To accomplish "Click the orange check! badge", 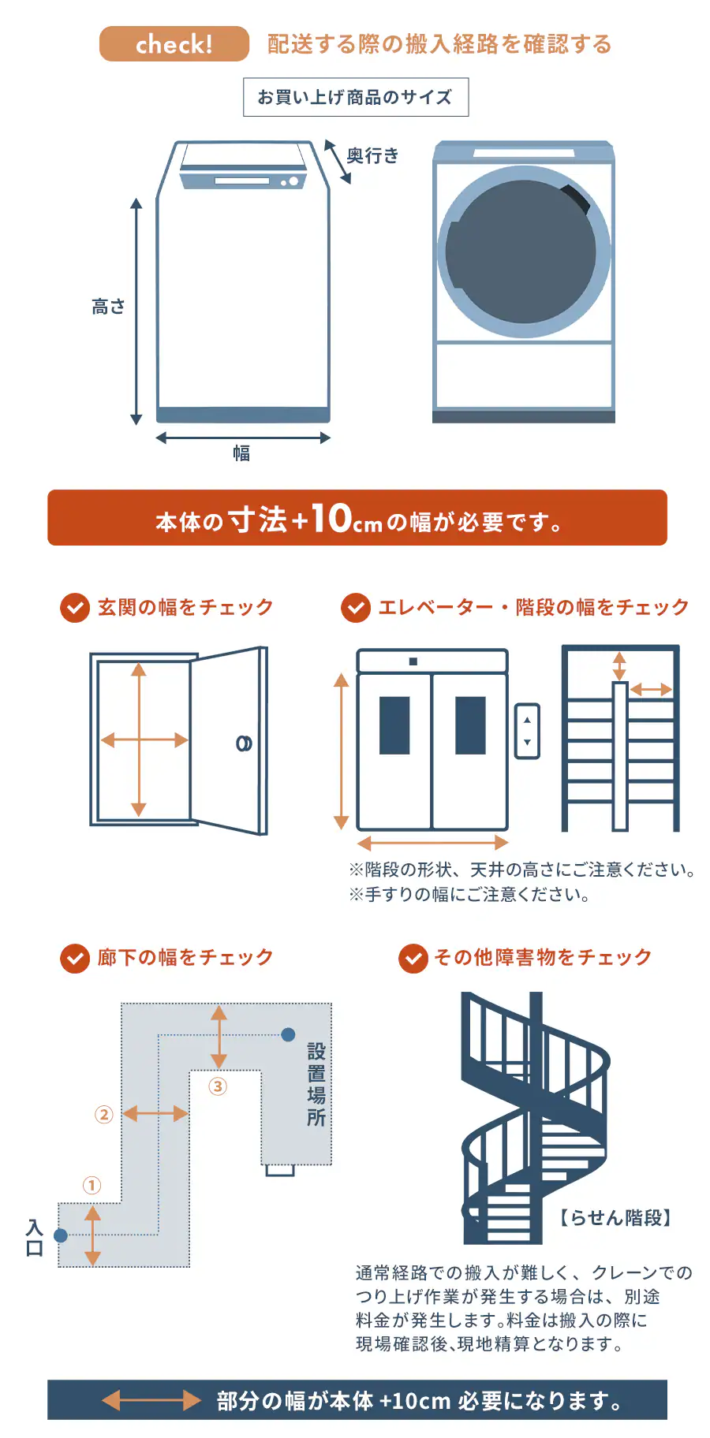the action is click(x=174, y=44).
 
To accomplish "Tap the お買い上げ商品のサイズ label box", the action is click(x=356, y=97).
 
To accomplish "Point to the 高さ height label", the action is click(x=108, y=307).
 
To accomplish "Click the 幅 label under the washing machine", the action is click(x=241, y=453).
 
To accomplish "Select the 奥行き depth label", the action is click(x=373, y=156).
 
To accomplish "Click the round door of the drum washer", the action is click(x=524, y=252).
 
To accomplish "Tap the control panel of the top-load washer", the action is click(x=242, y=181).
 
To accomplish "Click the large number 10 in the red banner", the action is click(x=331, y=518).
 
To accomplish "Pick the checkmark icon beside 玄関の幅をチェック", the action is click(x=75, y=608).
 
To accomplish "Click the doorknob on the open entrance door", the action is click(x=244, y=743).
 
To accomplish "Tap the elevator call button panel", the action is click(x=527, y=731).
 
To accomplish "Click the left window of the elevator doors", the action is click(x=394, y=725).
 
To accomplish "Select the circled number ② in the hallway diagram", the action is click(x=104, y=1114).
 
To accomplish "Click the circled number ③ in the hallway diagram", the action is click(x=218, y=1086).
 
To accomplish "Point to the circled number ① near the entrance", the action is click(x=92, y=1185).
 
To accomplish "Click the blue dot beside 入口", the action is click(x=61, y=1235).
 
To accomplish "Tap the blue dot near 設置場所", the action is click(x=289, y=1034).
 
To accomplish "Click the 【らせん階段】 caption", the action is click(x=615, y=1218).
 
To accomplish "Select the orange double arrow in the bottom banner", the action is click(x=152, y=1400).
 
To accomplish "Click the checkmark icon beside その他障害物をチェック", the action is click(x=413, y=959).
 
